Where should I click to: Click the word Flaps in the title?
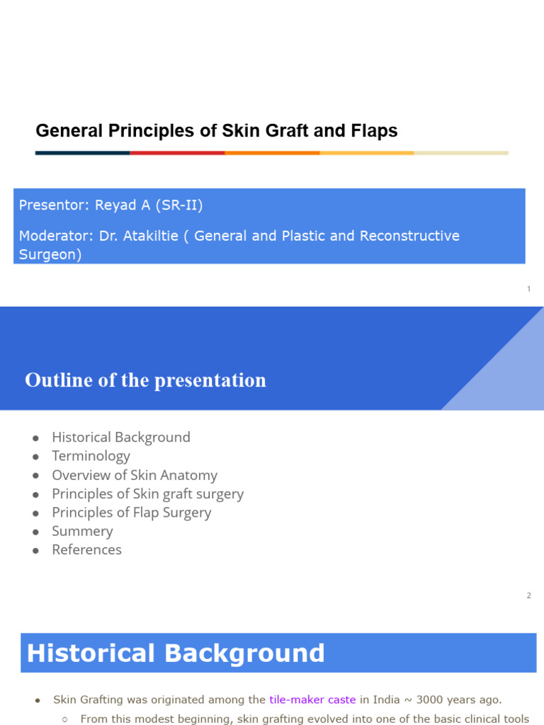[374, 131]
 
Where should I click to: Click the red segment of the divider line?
[177, 152]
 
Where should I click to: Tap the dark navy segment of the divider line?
[82, 152]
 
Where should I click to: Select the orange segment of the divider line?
[272, 152]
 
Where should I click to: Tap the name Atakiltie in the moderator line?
[150, 236]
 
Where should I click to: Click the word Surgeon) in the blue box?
[50, 254]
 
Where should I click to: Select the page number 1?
[528, 289]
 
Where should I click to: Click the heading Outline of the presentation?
[145, 380]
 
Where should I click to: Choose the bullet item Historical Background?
[121, 438]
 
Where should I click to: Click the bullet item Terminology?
[91, 456]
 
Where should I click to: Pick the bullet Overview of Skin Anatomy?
[135, 475]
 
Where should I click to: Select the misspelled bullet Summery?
[82, 531]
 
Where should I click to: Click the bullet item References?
[86, 550]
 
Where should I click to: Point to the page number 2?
[528, 595]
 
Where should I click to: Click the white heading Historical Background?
[176, 653]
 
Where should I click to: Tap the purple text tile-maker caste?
[312, 700]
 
